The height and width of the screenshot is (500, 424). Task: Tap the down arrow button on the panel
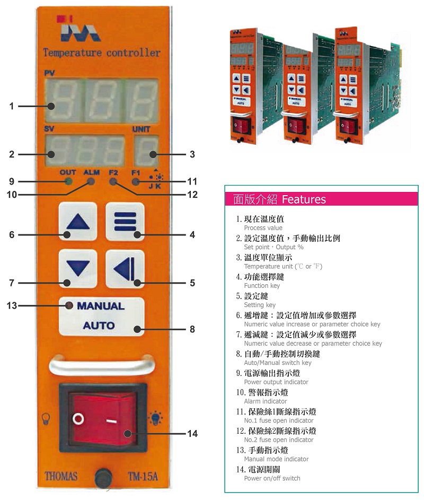point(78,268)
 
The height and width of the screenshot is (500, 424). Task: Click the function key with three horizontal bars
point(125,221)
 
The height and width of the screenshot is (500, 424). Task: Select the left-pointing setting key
point(125,269)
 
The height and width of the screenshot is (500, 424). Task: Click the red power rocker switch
point(103,418)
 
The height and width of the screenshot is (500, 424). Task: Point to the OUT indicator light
point(68,182)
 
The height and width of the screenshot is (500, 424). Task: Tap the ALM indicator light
point(91,182)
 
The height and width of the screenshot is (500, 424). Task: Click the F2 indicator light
point(113,182)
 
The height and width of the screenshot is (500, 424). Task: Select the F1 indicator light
point(136,182)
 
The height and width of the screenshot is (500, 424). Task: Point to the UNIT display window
point(146,151)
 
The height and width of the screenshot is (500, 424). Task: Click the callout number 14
point(192,434)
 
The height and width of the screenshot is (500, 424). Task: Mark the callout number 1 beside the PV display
point(12,106)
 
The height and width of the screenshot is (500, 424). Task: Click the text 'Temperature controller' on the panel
point(102,52)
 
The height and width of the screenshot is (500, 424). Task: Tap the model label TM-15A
point(143,476)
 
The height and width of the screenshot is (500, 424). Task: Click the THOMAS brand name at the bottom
point(61,476)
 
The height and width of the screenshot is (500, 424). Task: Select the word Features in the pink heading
point(304,199)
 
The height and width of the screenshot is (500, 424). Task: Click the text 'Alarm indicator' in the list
point(265,401)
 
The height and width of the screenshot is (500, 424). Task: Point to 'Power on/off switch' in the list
point(272,478)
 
